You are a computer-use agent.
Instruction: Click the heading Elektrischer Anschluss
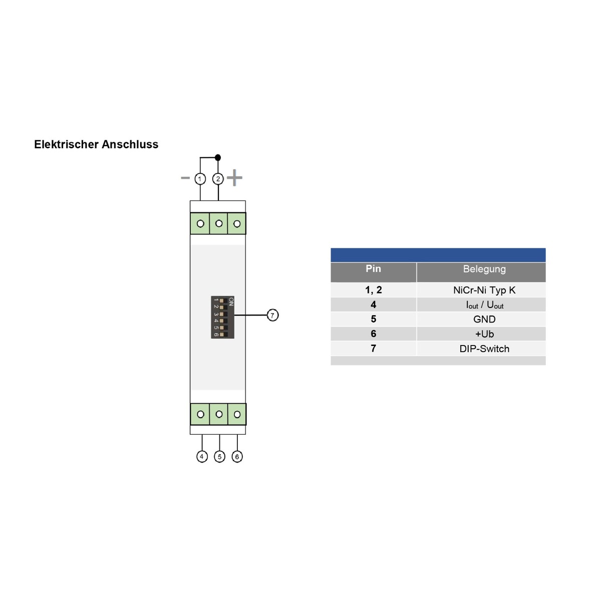click(96, 144)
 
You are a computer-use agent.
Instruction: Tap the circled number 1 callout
click(200, 179)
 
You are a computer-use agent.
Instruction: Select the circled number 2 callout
click(218, 179)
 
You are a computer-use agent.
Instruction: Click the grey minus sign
click(185, 178)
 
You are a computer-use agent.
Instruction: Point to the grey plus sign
click(234, 177)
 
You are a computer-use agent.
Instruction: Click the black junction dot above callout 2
click(218, 157)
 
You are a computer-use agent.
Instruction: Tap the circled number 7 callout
click(272, 315)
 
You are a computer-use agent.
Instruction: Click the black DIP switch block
click(222, 318)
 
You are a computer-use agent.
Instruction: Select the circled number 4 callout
click(202, 456)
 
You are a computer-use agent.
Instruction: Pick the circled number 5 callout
click(219, 456)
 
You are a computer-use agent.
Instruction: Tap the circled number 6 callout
click(237, 456)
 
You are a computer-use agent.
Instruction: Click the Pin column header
click(373, 269)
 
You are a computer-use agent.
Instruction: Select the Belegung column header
click(484, 269)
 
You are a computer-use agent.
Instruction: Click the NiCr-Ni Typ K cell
click(484, 290)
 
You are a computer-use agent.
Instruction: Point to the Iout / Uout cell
click(484, 305)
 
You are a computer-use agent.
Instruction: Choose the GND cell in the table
click(484, 319)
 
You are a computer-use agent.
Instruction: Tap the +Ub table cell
click(484, 334)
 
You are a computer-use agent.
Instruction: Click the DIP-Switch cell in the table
click(484, 349)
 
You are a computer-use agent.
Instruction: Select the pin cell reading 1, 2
click(373, 290)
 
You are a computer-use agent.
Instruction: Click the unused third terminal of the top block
click(237, 224)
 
